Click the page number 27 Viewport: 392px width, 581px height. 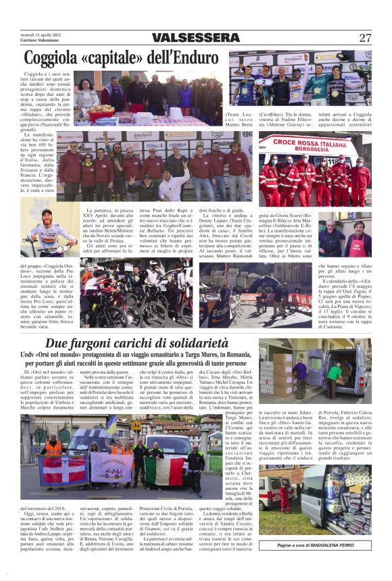[365, 38]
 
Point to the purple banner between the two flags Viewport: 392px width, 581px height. [112, 465]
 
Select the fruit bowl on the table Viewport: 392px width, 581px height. [101, 108]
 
